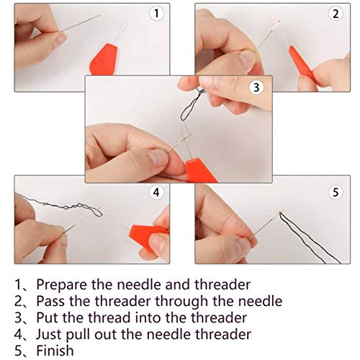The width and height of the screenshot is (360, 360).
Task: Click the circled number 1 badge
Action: [156, 13]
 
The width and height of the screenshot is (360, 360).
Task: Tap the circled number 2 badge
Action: [336, 14]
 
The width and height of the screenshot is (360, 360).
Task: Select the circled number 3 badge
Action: [256, 87]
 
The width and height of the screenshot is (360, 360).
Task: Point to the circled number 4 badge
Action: [156, 192]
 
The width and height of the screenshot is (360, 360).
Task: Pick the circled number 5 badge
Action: [336, 192]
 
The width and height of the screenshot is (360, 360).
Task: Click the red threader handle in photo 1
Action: [104, 60]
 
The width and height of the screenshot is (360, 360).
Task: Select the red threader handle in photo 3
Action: [200, 171]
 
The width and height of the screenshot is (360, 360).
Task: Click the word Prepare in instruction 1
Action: [61, 285]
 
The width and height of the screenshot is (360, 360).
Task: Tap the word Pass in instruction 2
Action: [50, 301]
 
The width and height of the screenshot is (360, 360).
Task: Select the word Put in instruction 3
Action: [47, 318]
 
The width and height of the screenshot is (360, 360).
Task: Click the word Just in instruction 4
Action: [48, 335]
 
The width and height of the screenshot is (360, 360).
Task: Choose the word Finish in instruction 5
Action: [55, 351]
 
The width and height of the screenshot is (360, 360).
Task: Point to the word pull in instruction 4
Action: [78, 335]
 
